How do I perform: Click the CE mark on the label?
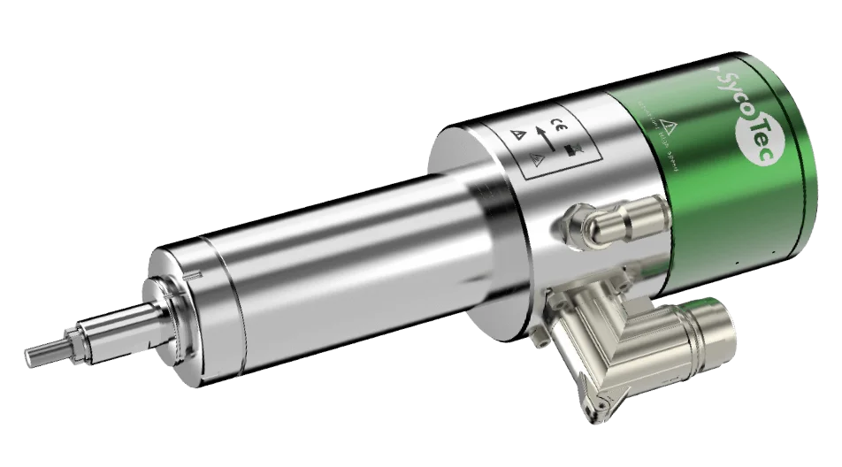[x=559, y=124]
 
